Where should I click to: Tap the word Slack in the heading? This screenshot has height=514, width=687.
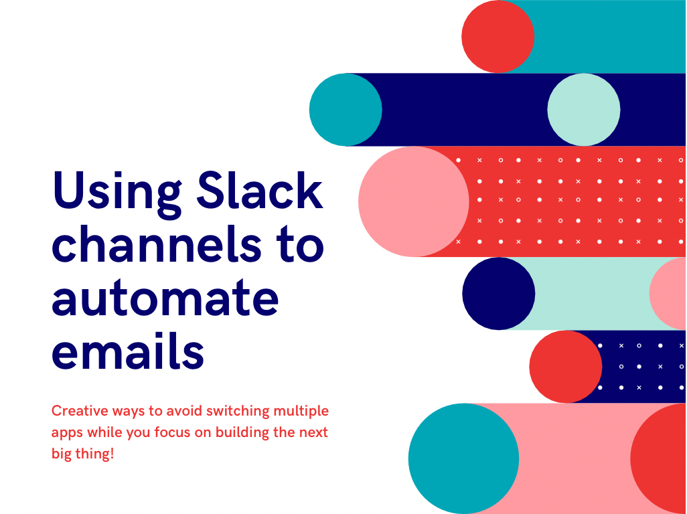[x=260, y=190]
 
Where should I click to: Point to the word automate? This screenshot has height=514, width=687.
[x=165, y=298]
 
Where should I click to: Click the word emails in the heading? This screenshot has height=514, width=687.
[x=128, y=349]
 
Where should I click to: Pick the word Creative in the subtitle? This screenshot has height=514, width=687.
[x=80, y=411]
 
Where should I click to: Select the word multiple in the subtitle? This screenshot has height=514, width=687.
[x=301, y=412]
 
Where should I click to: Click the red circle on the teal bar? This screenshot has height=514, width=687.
[x=498, y=36]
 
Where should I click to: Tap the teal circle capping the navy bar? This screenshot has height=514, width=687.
[x=346, y=110]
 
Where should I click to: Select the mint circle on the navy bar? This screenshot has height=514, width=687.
[x=584, y=110]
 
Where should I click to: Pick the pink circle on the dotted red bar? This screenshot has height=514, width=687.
[x=414, y=201]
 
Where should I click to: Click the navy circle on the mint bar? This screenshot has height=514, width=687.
[x=499, y=293]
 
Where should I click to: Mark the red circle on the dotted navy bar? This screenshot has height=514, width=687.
[x=566, y=367]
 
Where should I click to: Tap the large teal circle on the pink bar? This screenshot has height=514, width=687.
[x=463, y=458]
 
